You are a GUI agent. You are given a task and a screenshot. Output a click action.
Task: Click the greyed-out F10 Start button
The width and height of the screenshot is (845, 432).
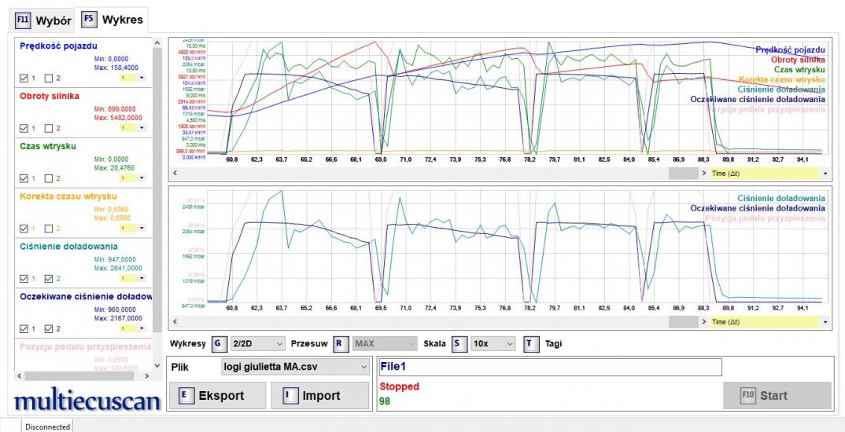pos(777,396)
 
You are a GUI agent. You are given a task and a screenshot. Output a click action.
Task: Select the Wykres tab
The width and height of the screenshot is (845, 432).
pos(103,20)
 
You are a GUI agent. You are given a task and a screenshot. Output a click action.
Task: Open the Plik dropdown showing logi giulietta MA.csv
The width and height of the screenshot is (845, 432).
pos(295,367)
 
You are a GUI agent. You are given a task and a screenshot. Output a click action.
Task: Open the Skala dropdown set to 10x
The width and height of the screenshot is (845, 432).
pos(493,343)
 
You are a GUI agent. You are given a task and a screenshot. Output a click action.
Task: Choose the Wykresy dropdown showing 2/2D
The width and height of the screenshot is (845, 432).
pos(258,343)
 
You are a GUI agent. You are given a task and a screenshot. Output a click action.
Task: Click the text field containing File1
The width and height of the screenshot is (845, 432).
pos(549,367)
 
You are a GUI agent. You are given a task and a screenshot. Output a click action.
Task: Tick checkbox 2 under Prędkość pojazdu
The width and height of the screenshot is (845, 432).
pos(49,78)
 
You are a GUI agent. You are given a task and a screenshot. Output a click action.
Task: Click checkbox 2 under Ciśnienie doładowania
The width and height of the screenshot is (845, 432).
pos(49,278)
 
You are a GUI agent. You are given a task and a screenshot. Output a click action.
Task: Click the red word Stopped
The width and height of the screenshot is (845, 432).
pos(400,386)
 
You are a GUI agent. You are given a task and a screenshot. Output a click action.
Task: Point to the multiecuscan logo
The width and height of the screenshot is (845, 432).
pos(87,401)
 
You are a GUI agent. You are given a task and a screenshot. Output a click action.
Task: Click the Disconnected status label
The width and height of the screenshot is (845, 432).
pos(47,427)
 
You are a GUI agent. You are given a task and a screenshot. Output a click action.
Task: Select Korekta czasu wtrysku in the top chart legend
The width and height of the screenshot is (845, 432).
pos(782,79)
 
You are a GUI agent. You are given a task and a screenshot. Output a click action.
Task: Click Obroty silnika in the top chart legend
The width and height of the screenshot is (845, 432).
pos(798,60)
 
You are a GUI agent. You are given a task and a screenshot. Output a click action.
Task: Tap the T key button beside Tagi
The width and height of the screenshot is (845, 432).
pos(531,343)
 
